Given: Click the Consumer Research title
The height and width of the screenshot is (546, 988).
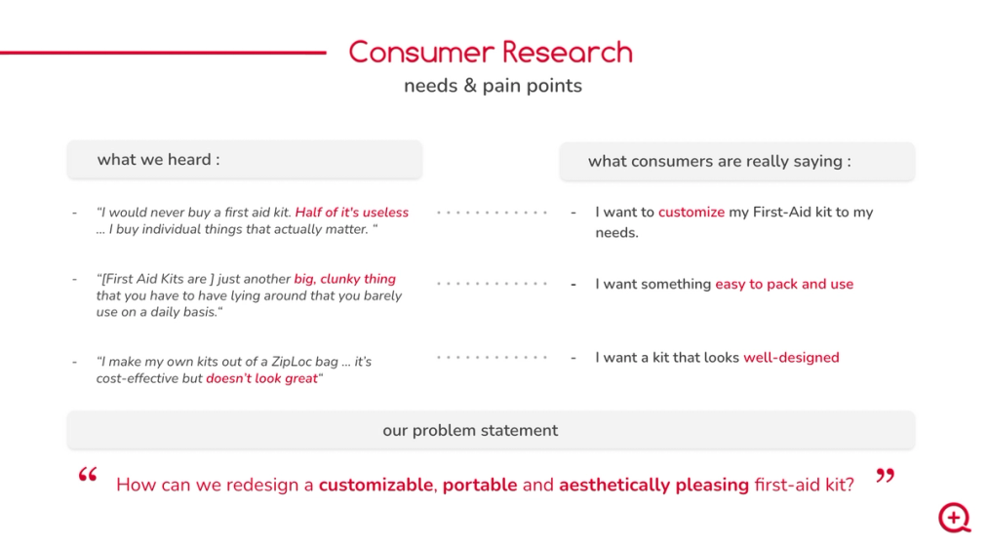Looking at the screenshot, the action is [x=491, y=53].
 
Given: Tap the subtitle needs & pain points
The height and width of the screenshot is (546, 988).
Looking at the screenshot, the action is [x=493, y=86].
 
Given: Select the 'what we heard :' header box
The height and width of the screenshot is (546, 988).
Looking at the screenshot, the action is [x=245, y=159].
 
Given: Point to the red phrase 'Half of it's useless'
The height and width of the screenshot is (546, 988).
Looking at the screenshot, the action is [x=351, y=213].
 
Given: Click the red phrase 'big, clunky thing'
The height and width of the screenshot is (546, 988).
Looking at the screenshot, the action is [x=344, y=279].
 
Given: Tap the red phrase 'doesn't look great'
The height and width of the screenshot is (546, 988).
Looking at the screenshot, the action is [x=262, y=378].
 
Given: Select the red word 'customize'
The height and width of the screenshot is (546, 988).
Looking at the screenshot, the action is [x=692, y=213].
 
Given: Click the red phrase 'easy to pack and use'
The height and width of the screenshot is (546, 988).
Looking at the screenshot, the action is [x=784, y=284].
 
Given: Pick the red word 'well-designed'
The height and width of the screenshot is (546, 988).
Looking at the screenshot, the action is [x=791, y=358].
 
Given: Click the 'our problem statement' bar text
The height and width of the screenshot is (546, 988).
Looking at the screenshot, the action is [x=470, y=430].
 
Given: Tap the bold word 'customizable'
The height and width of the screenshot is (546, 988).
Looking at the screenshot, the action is [x=376, y=485].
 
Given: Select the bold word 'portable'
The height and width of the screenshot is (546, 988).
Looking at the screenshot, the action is [x=480, y=485].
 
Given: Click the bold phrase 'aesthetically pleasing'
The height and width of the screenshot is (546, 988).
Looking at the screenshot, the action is [x=654, y=485].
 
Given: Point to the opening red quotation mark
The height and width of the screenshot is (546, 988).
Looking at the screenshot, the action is [x=88, y=475].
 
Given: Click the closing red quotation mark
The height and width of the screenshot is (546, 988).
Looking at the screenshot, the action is [x=886, y=476].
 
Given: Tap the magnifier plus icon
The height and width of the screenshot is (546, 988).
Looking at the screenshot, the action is [x=955, y=518].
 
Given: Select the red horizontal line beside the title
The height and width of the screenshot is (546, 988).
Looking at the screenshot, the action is [x=163, y=53].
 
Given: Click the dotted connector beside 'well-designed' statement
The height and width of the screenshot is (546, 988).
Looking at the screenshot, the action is [x=493, y=357].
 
